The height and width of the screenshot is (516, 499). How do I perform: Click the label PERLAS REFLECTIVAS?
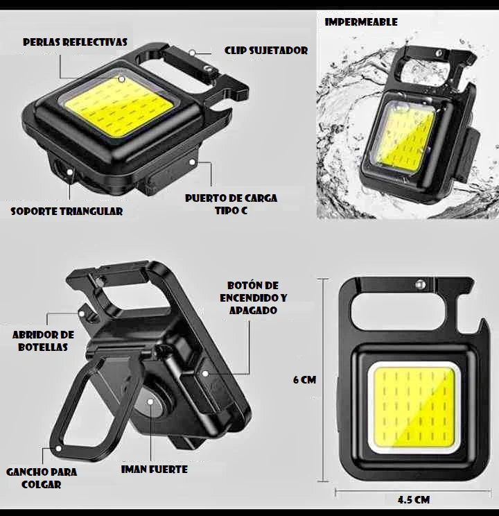(75, 42)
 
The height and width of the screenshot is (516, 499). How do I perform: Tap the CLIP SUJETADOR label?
(266, 51)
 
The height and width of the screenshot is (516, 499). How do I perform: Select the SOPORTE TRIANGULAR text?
(67, 212)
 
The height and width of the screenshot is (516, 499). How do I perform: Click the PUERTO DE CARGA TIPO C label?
(231, 205)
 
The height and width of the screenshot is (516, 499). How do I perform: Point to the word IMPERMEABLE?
(361, 22)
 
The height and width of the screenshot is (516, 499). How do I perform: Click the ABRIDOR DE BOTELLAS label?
(43, 341)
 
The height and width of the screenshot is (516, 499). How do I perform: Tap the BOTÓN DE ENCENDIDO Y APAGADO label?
(253, 298)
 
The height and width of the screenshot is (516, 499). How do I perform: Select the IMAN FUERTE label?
(155, 470)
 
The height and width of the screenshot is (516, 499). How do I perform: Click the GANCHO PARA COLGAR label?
(42, 478)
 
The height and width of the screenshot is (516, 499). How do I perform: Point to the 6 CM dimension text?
(304, 380)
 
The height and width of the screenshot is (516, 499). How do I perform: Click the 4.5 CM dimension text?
(414, 500)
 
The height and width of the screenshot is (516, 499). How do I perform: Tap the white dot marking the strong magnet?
(150, 402)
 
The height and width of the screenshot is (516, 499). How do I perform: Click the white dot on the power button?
(205, 374)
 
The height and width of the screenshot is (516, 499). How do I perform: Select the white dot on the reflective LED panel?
(122, 79)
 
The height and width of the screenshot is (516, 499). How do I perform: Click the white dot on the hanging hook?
(58, 448)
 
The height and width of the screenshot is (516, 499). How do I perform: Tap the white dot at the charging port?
(192, 162)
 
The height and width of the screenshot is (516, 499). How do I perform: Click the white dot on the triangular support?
(69, 172)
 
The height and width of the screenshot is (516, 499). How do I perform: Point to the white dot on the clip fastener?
(192, 52)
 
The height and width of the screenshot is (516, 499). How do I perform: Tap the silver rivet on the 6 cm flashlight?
(419, 284)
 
